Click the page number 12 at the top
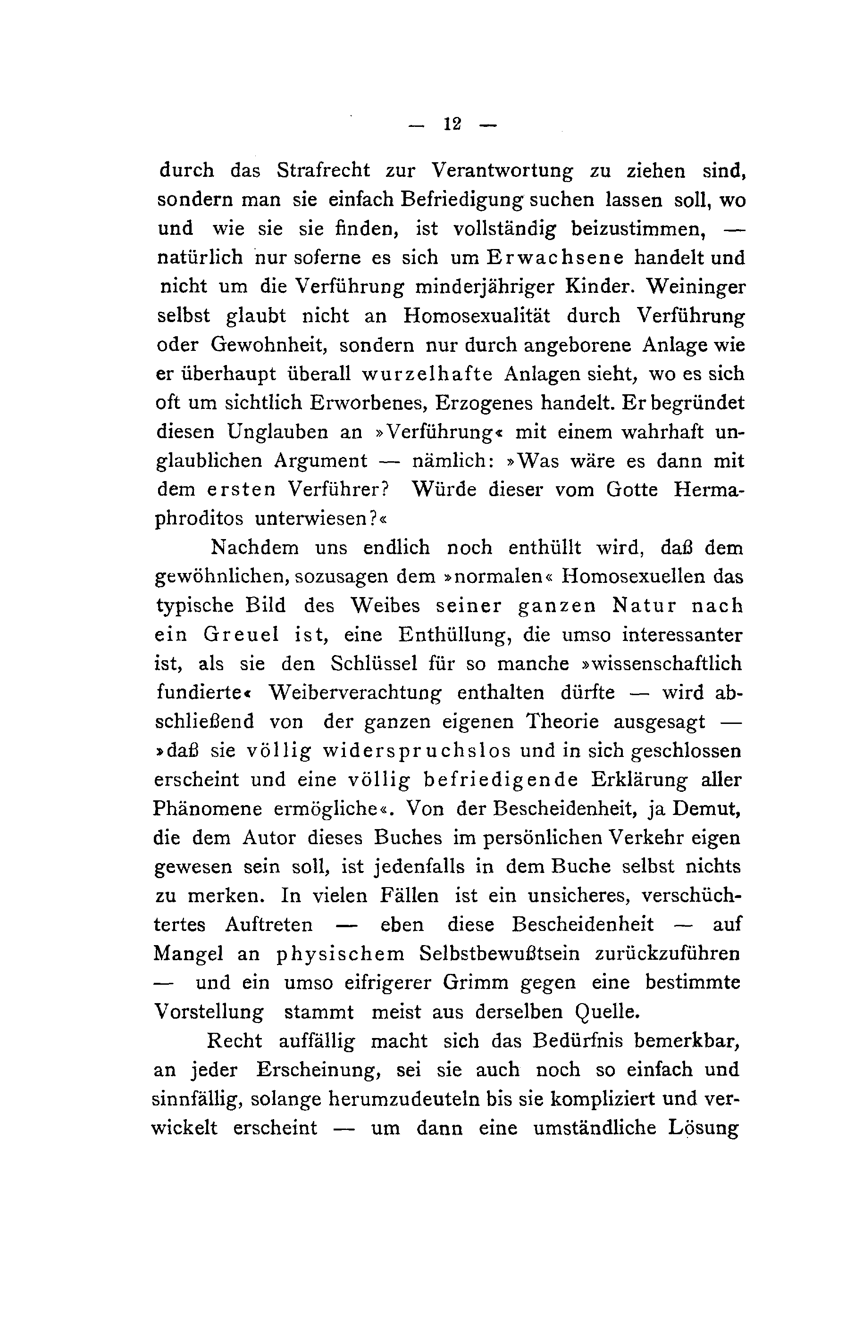pos(452,124)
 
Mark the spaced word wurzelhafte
pos(427,374)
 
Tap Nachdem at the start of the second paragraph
pos(255,548)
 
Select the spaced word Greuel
pos(241,635)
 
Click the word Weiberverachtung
pos(355,693)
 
